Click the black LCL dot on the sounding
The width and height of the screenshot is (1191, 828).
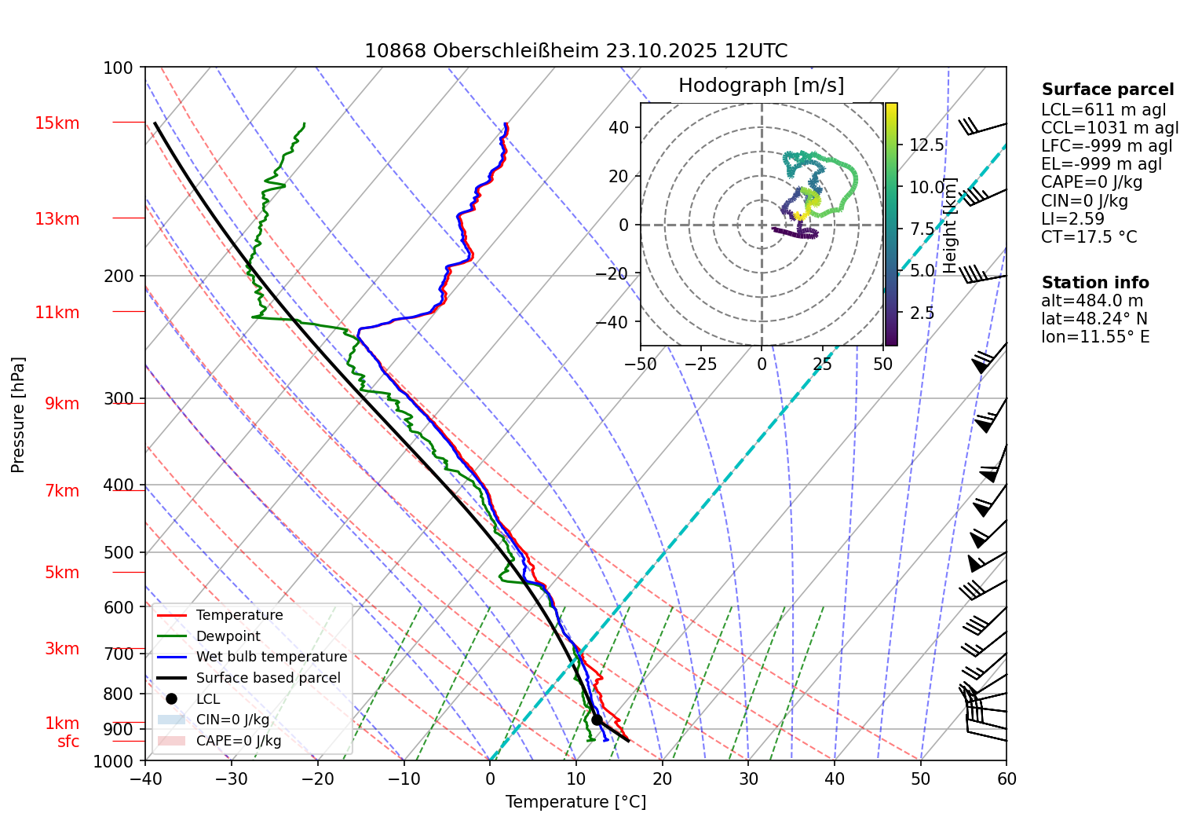tap(597, 720)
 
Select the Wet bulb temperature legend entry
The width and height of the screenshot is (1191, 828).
tap(271, 657)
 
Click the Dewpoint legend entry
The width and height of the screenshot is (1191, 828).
tap(228, 636)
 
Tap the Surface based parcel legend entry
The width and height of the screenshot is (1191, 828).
tap(268, 678)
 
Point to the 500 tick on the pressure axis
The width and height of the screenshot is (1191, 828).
tap(119, 552)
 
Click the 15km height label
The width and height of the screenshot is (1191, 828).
tap(57, 123)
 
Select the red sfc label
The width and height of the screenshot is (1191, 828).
tap(68, 742)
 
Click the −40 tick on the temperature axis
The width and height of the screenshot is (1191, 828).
tap(145, 779)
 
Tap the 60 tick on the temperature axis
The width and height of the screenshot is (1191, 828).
tap(1007, 779)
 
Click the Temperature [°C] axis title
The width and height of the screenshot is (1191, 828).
tap(575, 802)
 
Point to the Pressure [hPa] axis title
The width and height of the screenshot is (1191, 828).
tap(18, 415)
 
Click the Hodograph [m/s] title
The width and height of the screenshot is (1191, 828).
tap(761, 86)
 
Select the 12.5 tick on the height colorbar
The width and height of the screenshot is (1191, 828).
tap(926, 145)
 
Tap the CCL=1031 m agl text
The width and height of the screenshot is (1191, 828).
tap(1109, 128)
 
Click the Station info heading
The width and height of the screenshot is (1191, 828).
tap(1095, 283)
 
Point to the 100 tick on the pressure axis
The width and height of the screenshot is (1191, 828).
tap(119, 68)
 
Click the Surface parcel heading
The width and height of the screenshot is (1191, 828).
tap(1108, 90)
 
